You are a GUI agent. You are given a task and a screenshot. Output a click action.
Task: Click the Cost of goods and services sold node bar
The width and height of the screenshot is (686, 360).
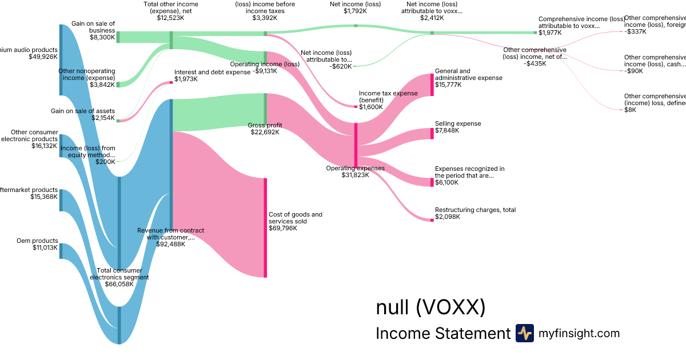tap(265, 227)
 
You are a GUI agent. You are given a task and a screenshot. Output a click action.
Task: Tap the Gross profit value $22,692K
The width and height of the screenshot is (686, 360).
tap(266, 132)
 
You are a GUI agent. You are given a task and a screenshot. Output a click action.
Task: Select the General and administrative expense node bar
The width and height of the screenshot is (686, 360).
tap(432, 85)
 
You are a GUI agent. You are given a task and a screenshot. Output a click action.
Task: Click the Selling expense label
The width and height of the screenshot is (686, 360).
tap(458, 123)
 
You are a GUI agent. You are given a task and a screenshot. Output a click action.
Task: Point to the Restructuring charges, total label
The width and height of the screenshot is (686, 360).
tap(475, 210)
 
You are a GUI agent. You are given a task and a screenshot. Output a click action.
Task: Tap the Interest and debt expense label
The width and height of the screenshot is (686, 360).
tap(212, 72)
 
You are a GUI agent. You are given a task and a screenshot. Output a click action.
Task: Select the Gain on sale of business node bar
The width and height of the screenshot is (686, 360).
tap(118, 37)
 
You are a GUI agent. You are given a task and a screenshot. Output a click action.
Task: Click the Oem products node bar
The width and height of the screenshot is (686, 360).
tap(61, 251)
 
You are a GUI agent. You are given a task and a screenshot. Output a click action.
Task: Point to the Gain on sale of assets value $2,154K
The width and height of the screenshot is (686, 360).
tap(103, 118)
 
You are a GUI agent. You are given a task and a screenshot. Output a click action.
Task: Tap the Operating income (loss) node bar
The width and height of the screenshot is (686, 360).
tap(265, 57)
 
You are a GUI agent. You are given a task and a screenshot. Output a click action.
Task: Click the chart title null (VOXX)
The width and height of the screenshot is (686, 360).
tap(430, 307)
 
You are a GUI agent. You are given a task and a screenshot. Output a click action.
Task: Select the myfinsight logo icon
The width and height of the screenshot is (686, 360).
tap(524, 333)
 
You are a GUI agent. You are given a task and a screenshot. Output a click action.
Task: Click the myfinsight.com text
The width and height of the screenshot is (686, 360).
tap(579, 333)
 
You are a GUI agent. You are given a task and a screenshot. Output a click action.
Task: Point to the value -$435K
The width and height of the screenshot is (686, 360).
tap(535, 63)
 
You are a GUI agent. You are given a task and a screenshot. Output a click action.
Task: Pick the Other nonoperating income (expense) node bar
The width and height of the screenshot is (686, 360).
tap(118, 85)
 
